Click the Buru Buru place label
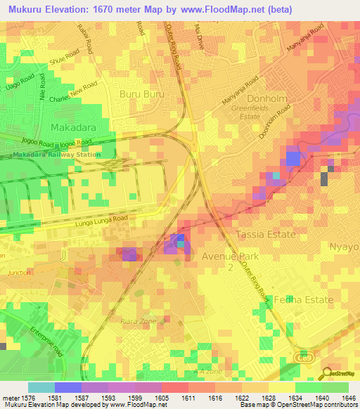coord(142,93)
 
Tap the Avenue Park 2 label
coord(230,261)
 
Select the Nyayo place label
coord(344,247)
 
